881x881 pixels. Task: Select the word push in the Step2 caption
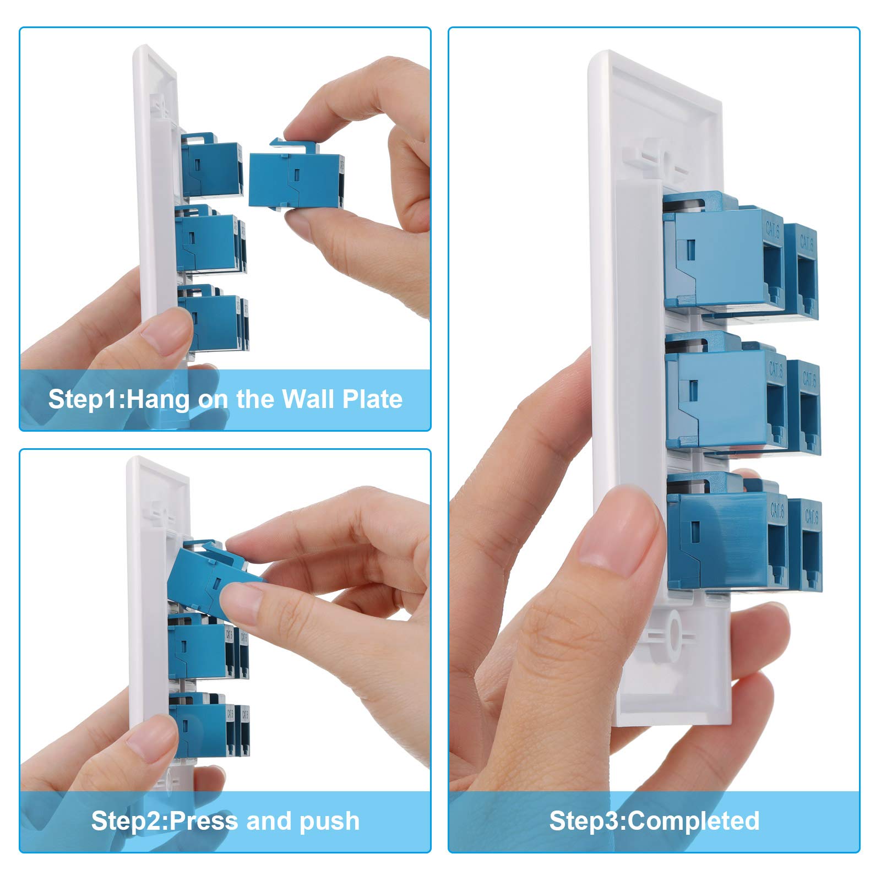click(x=329, y=821)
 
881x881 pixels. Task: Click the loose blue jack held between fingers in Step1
click(x=295, y=180)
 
